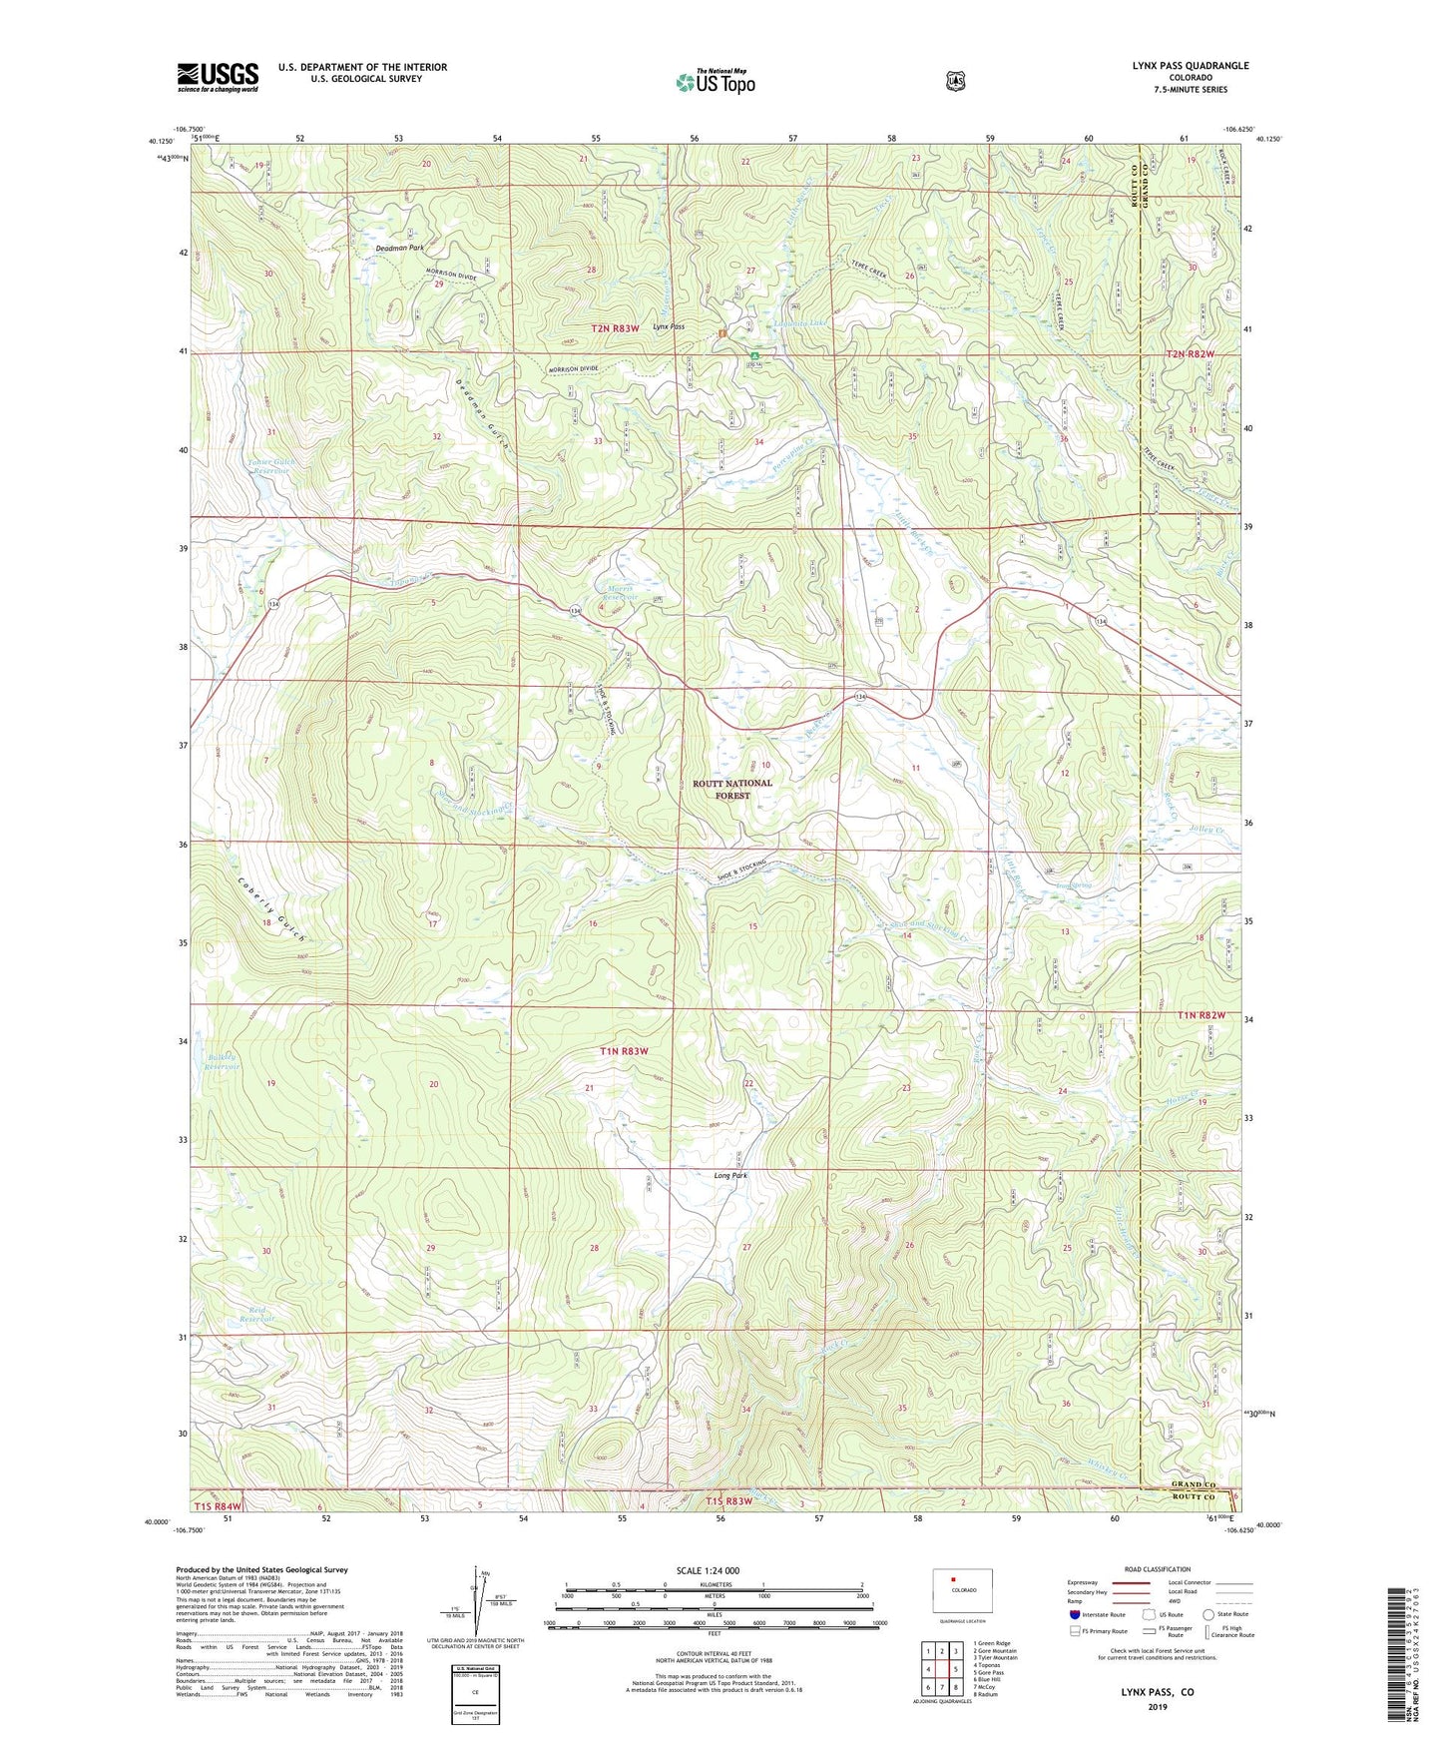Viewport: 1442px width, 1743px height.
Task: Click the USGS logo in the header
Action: tap(218, 77)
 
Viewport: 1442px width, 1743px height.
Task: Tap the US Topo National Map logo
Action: tap(716, 82)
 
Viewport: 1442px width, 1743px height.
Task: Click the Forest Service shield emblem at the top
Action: tap(955, 81)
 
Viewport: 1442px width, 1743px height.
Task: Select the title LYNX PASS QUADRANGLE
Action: tap(1190, 66)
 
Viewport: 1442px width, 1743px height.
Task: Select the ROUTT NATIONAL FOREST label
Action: tap(732, 789)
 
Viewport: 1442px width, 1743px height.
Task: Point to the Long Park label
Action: tap(730, 1175)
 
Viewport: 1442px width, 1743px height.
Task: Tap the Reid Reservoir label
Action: tap(256, 1318)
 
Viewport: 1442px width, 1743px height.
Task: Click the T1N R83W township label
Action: tap(624, 1051)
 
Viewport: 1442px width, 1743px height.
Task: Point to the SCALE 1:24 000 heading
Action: tap(708, 1571)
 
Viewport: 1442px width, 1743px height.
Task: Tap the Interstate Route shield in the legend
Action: tap(1074, 1613)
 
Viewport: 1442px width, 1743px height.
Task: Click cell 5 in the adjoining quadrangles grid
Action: tap(955, 1668)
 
